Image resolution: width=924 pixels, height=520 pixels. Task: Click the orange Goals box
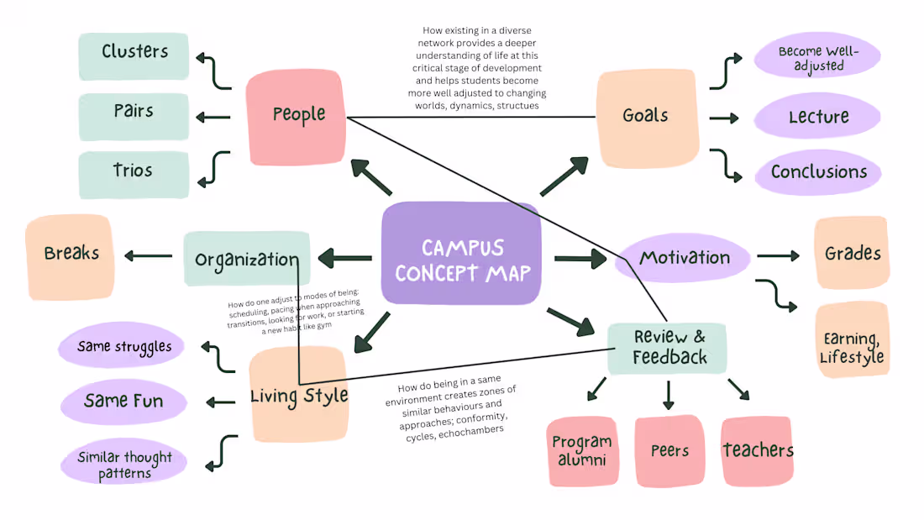coord(647,118)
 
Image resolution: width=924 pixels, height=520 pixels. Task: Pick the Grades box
coord(852,253)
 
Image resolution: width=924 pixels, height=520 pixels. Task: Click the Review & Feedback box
coord(668,348)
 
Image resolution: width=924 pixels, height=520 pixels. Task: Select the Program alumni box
coord(582,450)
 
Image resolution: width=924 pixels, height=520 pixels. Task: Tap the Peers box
coord(669,450)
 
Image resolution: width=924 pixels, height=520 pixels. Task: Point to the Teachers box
coord(757,450)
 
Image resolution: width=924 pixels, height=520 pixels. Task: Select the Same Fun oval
coord(123,402)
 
